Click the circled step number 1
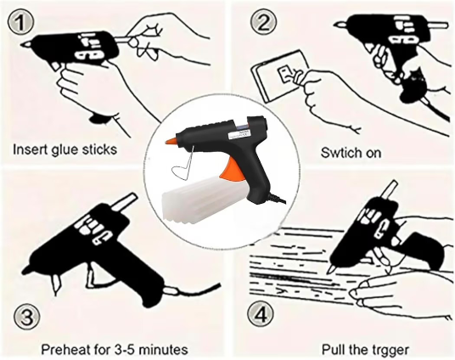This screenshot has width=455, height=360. coord(20,23)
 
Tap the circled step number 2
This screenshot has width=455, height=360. coord(263,22)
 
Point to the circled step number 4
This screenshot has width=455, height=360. coord(261,314)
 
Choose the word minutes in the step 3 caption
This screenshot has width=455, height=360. coord(164,349)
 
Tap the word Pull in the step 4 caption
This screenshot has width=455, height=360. coord(332,349)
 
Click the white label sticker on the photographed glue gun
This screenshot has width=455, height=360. coord(239,135)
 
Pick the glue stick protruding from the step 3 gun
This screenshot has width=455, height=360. coord(124,201)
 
